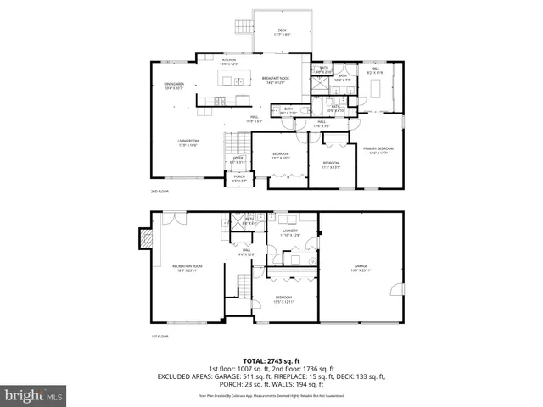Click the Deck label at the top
(282, 32)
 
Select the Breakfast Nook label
(275, 80)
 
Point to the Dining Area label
(174, 86)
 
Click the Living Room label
(188, 143)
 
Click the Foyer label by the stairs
(238, 159)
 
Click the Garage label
(361, 268)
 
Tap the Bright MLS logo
(34, 395)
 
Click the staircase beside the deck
(244, 34)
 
